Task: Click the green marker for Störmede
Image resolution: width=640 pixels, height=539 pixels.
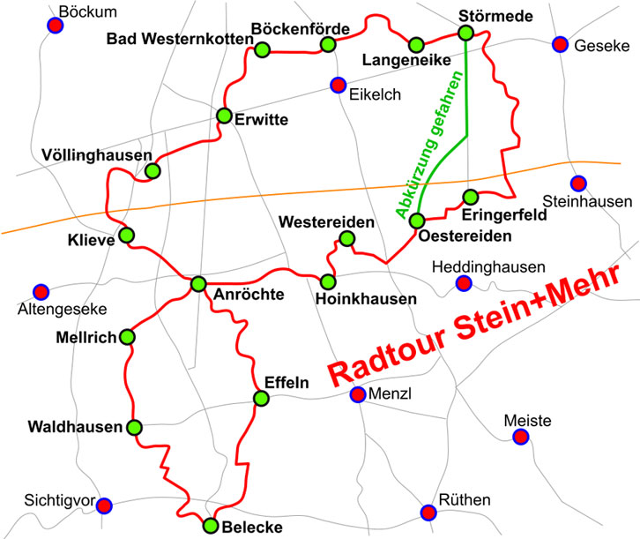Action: pyautogui.click(x=465, y=33)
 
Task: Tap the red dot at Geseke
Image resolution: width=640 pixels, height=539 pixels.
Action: pyautogui.click(x=559, y=44)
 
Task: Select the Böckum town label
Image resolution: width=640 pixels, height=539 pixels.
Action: pyautogui.click(x=86, y=11)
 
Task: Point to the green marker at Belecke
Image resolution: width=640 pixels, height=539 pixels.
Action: pyautogui.click(x=210, y=526)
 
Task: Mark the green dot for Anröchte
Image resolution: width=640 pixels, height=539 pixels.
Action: pyautogui.click(x=198, y=283)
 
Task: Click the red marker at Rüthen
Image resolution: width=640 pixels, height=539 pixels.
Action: pyautogui.click(x=428, y=512)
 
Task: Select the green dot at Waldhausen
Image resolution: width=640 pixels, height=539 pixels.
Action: pyautogui.click(x=134, y=428)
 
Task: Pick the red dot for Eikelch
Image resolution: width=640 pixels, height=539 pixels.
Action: pyautogui.click(x=337, y=85)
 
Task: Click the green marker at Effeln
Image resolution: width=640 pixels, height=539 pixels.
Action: pyautogui.click(x=261, y=398)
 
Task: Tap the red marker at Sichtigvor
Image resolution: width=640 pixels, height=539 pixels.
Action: pyautogui.click(x=104, y=505)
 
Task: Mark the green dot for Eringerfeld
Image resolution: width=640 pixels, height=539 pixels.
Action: pyautogui.click(x=470, y=196)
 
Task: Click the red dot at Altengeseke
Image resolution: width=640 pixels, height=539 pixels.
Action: pyautogui.click(x=40, y=292)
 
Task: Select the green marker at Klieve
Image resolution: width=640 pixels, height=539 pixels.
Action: pyautogui.click(x=127, y=236)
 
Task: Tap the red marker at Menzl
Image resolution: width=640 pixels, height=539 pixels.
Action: pyautogui.click(x=358, y=395)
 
